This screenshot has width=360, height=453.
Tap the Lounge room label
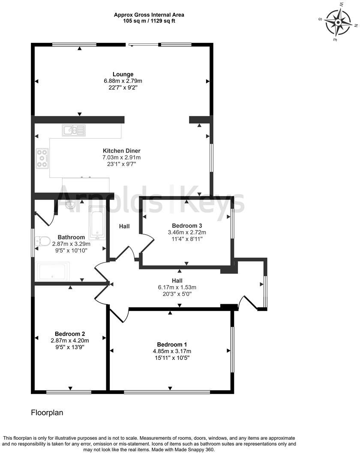[123, 74]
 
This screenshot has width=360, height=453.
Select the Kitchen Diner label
[121, 151]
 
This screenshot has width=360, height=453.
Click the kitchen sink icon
[73, 130]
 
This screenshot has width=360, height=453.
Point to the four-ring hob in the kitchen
[42, 158]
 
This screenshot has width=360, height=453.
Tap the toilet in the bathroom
[41, 242]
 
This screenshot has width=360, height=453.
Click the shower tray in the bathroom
[53, 271]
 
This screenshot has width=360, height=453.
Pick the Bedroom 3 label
[187, 226]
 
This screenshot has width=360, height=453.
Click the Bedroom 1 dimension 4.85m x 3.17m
[171, 351]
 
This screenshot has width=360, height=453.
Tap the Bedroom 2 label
[70, 334]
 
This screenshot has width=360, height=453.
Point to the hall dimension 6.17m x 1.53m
[177, 287]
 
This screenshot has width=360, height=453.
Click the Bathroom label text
[71, 237]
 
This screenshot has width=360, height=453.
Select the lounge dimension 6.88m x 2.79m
[123, 81]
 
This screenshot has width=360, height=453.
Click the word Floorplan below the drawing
[47, 413]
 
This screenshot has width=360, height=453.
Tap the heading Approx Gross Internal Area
[149, 15]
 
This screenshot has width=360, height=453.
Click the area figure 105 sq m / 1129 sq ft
[149, 20]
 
